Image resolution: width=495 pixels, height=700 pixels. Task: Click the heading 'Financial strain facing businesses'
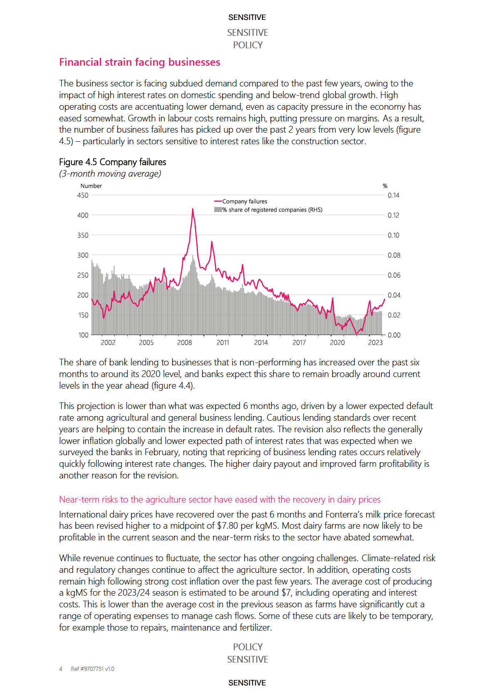click(139, 62)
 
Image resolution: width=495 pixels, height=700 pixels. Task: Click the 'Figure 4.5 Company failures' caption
click(112, 162)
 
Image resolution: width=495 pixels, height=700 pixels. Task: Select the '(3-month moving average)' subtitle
click(110, 174)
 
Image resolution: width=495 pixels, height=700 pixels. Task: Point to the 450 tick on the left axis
click(83, 195)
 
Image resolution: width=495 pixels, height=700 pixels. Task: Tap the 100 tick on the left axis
click(83, 335)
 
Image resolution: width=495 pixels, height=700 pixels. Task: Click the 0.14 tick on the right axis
click(394, 195)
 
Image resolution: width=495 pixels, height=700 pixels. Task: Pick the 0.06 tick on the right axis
click(394, 275)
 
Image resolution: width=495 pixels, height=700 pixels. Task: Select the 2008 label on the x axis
click(185, 343)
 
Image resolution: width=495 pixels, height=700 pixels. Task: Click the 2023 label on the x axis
click(375, 343)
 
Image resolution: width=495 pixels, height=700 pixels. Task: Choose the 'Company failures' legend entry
click(245, 202)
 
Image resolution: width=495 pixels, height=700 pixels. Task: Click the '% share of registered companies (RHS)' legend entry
click(272, 210)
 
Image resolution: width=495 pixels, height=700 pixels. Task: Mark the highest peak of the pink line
click(193, 209)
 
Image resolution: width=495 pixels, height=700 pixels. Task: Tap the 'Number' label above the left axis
click(91, 186)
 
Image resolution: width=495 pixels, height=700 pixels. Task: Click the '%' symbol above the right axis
click(385, 186)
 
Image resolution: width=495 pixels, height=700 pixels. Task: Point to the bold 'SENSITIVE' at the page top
click(247, 17)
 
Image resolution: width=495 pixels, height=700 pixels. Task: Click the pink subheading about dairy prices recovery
click(220, 500)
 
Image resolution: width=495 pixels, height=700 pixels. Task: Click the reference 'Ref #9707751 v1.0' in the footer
click(92, 669)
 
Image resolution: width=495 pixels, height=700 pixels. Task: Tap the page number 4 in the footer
click(61, 669)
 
